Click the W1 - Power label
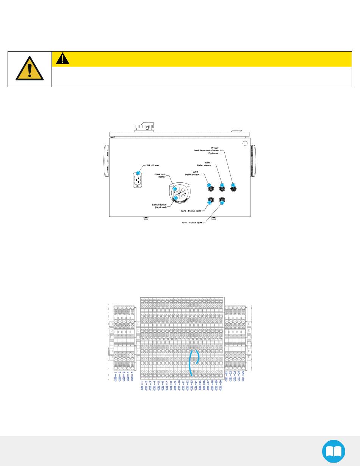coord(153,165)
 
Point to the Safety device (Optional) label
coord(159,206)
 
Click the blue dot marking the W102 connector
coord(233,185)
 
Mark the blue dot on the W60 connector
coord(209,185)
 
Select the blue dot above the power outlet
coord(138,173)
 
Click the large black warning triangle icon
coord(29,69)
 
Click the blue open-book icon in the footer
coord(333,451)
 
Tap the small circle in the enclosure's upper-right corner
coord(245,143)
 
